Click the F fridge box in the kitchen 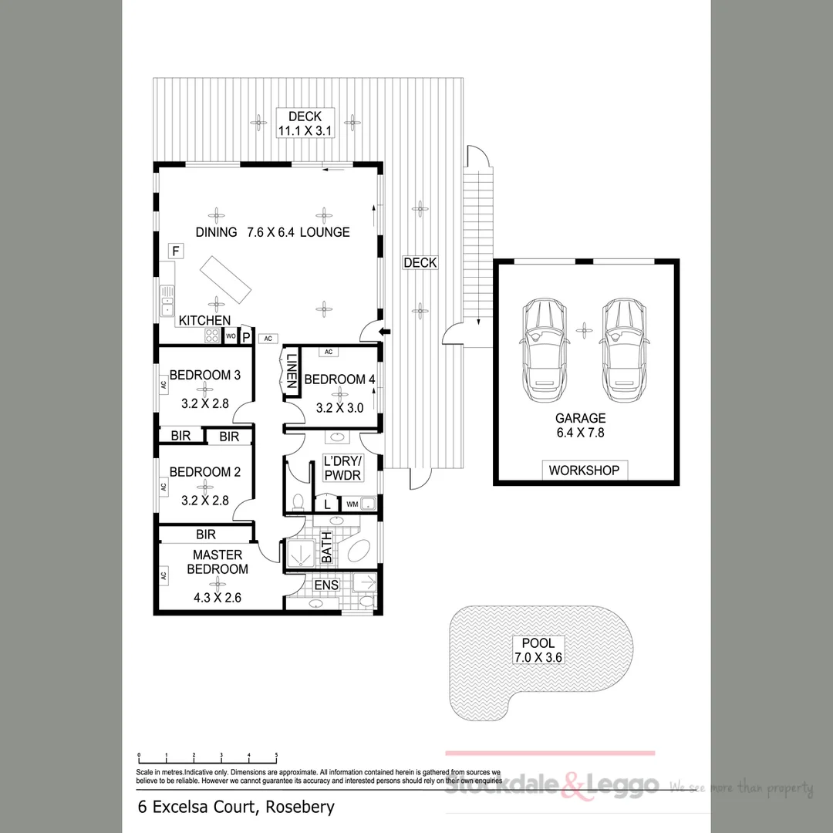[176, 251]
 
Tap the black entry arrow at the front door [386, 332]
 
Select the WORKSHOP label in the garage [584, 470]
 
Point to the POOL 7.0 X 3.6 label [538, 650]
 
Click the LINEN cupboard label [292, 373]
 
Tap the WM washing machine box [352, 504]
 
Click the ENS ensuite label [325, 585]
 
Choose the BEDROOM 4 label [339, 379]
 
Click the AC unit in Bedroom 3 [163, 384]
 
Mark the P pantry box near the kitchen [246, 336]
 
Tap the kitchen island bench [225, 281]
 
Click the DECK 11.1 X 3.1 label [305, 123]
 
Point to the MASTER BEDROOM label [218, 562]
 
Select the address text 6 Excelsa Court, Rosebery [236, 808]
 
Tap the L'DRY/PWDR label [342, 469]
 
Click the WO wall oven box [230, 336]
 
